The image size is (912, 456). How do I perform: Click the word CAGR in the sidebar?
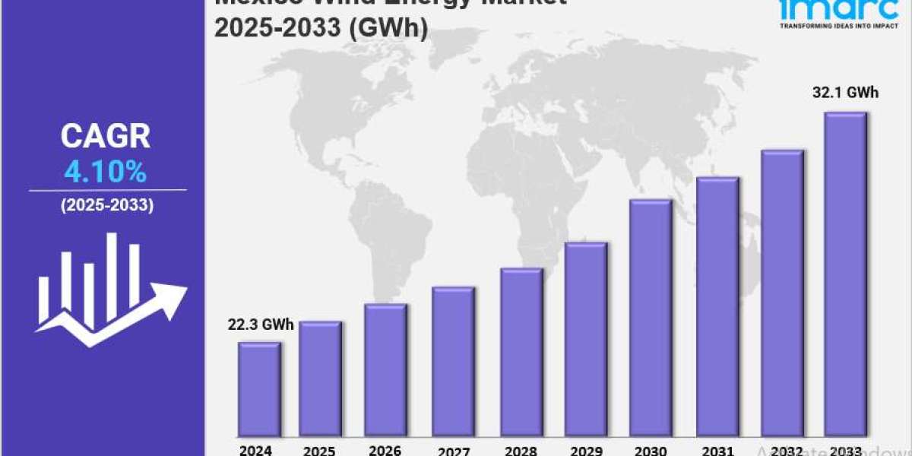pos(106,137)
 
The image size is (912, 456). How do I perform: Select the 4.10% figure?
pos(106,173)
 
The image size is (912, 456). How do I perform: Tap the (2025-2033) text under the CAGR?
pos(106,205)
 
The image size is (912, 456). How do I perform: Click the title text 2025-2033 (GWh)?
pos(321,27)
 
